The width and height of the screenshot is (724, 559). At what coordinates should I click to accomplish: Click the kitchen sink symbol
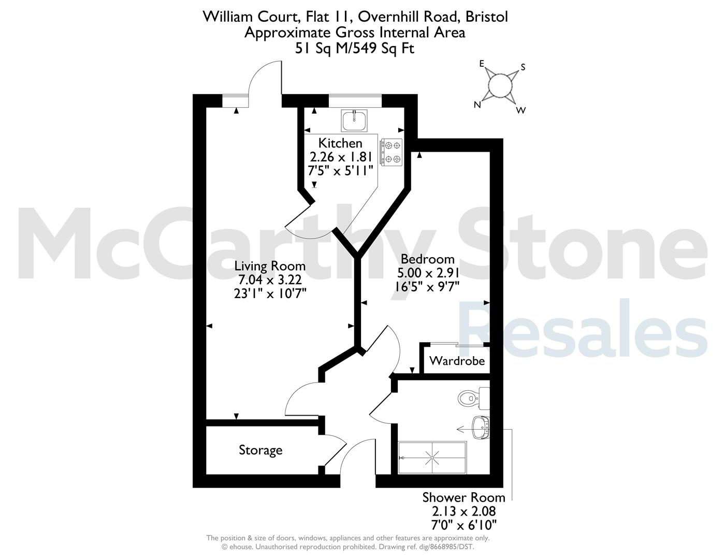pos(354,120)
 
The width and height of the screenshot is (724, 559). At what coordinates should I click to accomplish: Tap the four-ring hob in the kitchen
pos(392,152)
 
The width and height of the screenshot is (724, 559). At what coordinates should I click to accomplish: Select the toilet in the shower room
pos(473,398)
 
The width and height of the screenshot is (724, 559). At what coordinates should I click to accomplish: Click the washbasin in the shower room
pos(481,428)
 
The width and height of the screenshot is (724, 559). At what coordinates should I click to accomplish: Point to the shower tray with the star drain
pos(432,458)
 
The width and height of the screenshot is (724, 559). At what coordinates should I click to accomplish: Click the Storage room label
pos(260,450)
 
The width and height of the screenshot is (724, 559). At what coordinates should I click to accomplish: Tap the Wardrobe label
pos(457,361)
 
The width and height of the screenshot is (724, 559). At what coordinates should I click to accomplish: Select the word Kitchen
pos(340,143)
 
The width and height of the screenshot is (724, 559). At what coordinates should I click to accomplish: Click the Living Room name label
pos(270,266)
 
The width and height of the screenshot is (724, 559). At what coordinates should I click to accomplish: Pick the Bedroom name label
pos(427,259)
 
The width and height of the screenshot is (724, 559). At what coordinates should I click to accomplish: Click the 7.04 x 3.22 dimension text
pos(270,279)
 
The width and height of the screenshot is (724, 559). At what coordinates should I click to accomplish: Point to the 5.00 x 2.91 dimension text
pos(428,273)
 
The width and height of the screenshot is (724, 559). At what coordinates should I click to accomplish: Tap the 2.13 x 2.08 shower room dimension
pos(464,511)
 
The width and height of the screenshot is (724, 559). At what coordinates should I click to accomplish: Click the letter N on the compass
pos(477,105)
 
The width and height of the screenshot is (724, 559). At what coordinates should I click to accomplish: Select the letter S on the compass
pos(523,68)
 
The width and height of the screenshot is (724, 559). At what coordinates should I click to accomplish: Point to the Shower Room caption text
pos(464,497)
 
